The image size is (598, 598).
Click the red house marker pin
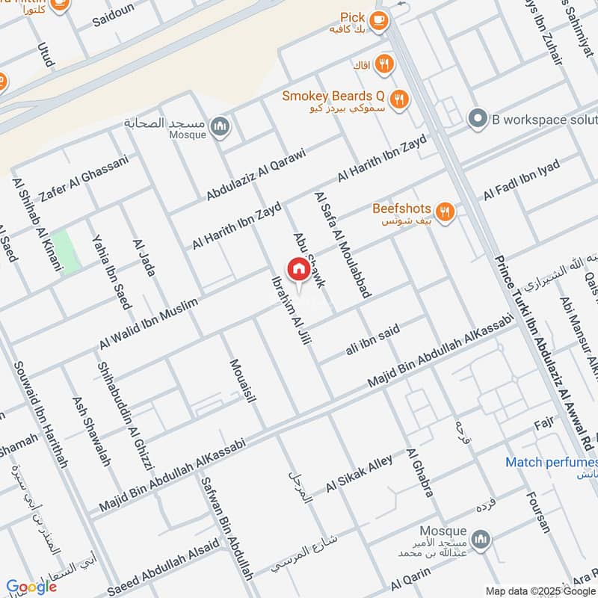(x=298, y=269)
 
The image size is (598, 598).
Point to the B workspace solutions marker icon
(x=477, y=118)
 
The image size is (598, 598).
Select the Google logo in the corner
(x=31, y=588)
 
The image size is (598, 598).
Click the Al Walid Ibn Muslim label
(x=149, y=324)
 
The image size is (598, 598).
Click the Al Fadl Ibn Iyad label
(x=521, y=180)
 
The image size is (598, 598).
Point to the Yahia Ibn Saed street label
(x=111, y=271)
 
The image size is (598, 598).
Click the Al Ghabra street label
(x=419, y=473)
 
